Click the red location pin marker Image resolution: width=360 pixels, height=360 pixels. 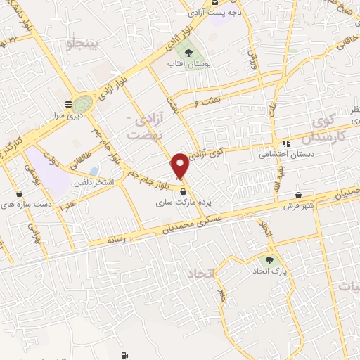point(181,165)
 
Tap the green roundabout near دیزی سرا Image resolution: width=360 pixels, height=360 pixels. point(84,103)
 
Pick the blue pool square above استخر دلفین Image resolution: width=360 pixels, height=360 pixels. point(94,171)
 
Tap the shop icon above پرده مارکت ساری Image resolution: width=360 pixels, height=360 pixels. point(184,191)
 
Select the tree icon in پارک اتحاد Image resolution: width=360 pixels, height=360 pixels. point(269,260)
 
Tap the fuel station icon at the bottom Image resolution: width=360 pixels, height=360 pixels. point(125,356)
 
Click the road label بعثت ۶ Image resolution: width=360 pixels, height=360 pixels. point(214,102)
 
